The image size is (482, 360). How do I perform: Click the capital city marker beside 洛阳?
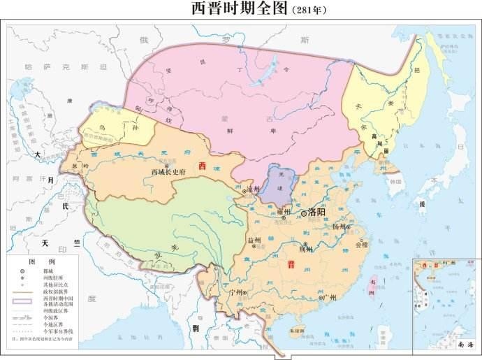pos(303,213)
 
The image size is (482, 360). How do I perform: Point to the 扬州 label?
pos(339,227)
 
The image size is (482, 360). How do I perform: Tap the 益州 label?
pos(254,240)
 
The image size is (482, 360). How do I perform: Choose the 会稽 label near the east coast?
pos(361,245)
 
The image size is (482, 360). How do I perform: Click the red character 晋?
pos(291,265)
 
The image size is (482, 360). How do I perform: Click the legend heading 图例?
pos(47,260)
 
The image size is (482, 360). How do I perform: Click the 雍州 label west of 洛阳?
pos(284,211)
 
